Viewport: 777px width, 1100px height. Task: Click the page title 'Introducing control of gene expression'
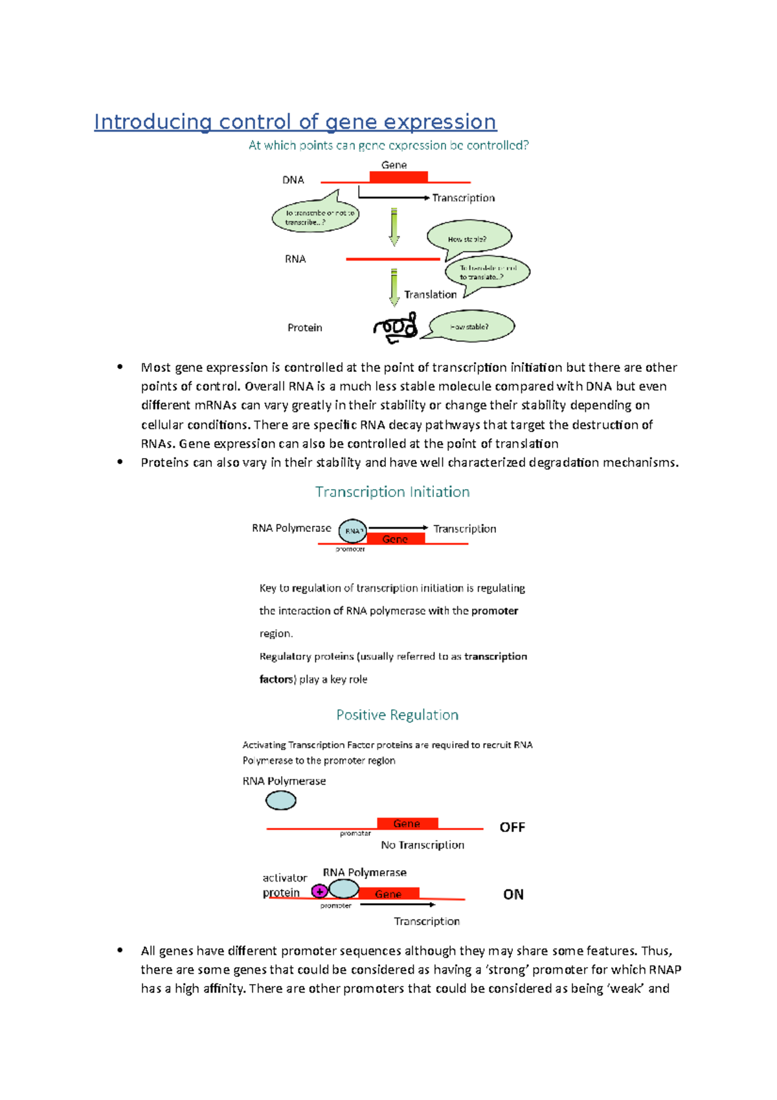(295, 122)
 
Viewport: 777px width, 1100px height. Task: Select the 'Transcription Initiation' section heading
(392, 492)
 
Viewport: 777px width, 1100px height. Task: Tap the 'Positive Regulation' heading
(397, 715)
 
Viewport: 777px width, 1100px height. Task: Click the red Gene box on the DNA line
(398, 177)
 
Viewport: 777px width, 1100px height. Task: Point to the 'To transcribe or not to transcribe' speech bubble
(315, 217)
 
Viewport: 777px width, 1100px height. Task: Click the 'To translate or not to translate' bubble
(487, 272)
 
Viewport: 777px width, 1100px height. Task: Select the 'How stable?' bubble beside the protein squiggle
(471, 327)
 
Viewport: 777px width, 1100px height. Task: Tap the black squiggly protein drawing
(396, 327)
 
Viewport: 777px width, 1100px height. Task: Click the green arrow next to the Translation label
(394, 287)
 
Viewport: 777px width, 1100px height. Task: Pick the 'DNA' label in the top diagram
(293, 180)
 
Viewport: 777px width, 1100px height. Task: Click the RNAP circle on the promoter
(353, 531)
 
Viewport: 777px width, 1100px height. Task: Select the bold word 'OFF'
(512, 827)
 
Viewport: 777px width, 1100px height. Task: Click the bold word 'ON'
(513, 895)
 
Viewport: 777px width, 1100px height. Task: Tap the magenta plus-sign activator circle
(319, 891)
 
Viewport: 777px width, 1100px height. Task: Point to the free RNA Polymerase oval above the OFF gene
(281, 801)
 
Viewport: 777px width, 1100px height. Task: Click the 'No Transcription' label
(422, 845)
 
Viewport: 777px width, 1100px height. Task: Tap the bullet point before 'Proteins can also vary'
(120, 462)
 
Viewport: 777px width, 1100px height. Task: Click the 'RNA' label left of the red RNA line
(295, 259)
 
